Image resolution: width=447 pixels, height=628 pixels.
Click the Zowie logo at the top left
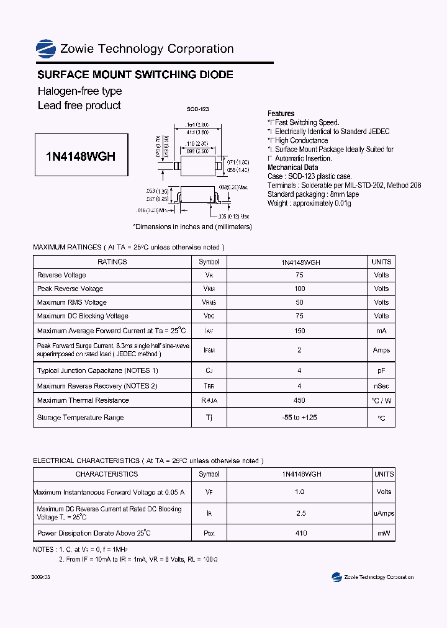tap(46, 49)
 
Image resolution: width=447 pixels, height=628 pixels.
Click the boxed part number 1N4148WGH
tap(81, 156)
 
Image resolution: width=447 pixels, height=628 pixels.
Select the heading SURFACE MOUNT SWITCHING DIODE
tap(135, 74)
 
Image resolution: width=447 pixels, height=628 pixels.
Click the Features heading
tap(281, 114)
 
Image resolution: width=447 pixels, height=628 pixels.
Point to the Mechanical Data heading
tap(292, 168)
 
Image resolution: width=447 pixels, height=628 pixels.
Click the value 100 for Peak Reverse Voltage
tap(300, 289)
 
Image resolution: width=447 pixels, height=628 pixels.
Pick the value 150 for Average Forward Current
tap(300, 331)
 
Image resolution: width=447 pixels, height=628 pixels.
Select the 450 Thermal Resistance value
tap(300, 400)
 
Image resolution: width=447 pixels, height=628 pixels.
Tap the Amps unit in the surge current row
tap(381, 350)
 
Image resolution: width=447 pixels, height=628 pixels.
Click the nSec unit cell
tap(381, 386)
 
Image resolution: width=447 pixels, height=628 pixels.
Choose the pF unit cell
tap(381, 370)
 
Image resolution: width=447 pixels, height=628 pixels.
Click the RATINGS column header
tap(112, 262)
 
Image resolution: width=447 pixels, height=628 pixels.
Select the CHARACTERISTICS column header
tap(107, 474)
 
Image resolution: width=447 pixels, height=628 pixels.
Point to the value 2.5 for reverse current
tap(300, 513)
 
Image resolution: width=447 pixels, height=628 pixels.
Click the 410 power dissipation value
tap(300, 533)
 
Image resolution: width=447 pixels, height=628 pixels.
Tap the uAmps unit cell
tap(384, 513)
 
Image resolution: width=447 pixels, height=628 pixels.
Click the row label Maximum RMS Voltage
tap(72, 302)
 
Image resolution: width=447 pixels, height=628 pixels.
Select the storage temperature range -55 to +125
tap(299, 418)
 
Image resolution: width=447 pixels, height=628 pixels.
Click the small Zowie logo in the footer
tap(337, 577)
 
